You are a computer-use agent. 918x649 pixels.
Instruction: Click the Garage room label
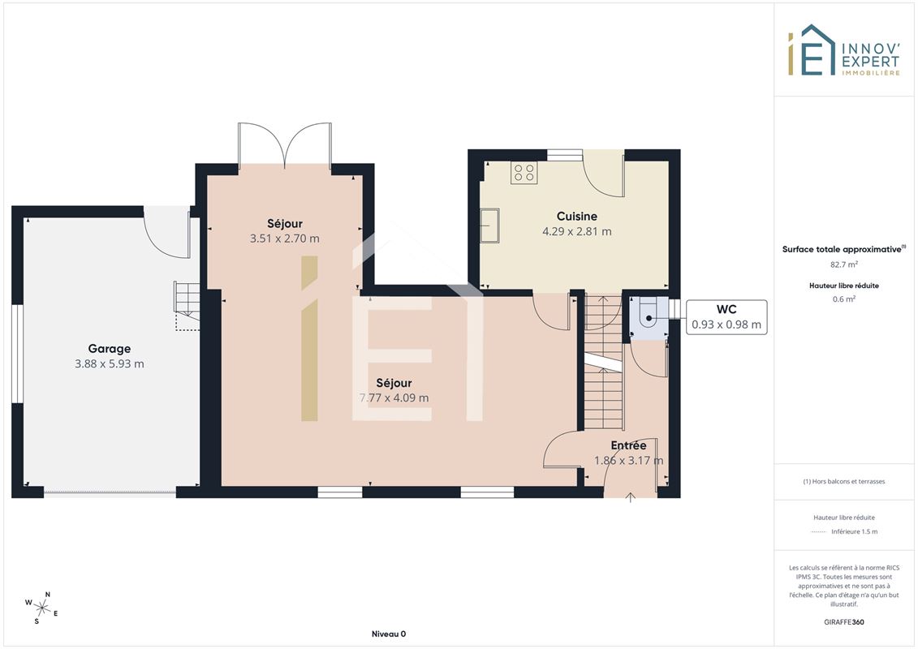110,349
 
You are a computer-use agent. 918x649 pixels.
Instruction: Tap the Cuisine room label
576,217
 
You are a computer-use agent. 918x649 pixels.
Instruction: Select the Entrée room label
628,445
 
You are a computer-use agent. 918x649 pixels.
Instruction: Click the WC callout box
726,317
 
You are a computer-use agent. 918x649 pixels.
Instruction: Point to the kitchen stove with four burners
524,173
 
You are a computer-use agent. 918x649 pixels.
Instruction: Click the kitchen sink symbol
490,226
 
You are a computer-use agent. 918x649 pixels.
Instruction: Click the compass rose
41,608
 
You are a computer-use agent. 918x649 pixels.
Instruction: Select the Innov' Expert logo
843,50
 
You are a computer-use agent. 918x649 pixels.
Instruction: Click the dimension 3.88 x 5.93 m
110,364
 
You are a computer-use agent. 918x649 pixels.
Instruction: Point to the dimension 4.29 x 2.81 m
576,232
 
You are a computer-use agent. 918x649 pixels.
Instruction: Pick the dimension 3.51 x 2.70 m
285,239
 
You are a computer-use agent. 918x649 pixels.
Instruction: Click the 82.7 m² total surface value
843,264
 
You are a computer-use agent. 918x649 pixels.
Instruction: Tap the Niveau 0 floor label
389,634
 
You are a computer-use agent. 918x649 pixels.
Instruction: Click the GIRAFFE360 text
843,622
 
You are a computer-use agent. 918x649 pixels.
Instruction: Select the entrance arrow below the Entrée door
630,497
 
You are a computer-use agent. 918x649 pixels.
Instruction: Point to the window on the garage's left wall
18,354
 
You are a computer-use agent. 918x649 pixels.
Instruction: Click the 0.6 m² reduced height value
843,299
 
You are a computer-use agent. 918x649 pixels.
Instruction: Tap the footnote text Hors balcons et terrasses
843,482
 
